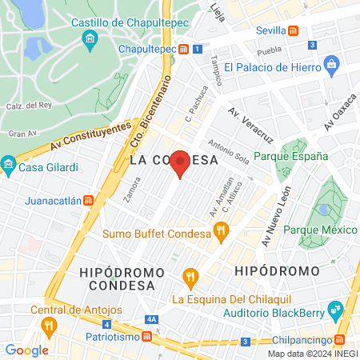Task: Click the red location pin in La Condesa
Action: pyautogui.click(x=181, y=163)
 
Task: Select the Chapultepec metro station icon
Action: pyautogui.click(x=183, y=50)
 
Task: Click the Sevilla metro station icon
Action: pyautogui.click(x=294, y=31)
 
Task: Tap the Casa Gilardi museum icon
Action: pyautogui.click(x=9, y=167)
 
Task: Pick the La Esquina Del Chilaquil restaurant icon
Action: pyautogui.click(x=190, y=278)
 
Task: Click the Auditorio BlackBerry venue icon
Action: pyautogui.click(x=338, y=309)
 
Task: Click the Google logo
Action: pyautogui.click(x=27, y=350)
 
